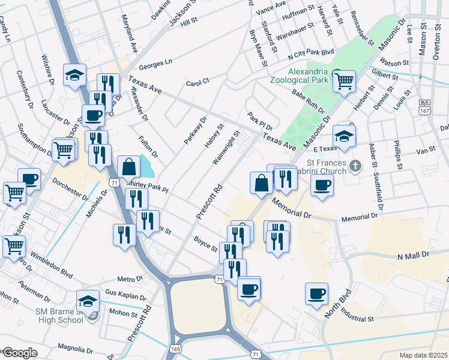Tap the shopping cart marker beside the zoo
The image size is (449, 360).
point(345,80)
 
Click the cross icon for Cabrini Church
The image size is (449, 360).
point(355,165)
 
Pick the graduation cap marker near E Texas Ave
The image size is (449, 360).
point(345,136)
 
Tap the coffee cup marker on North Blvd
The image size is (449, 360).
point(316,294)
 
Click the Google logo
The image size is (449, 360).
point(19,353)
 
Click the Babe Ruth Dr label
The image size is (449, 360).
point(308,101)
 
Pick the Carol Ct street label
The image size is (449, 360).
point(197,83)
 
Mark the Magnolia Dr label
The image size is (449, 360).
point(74,348)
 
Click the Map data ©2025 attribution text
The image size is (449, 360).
point(423,355)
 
